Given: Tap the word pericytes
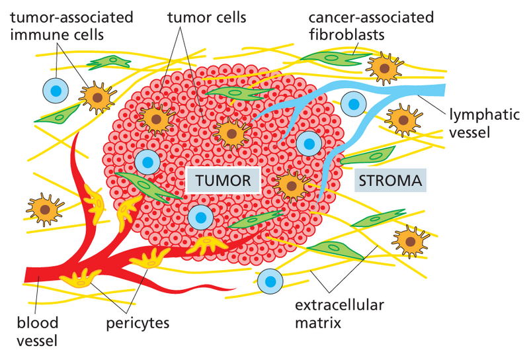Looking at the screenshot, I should (138, 324).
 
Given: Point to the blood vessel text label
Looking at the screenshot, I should (38, 332).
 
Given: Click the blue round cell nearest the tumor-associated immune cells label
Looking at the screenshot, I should (56, 91).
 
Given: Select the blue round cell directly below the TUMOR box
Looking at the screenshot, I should (200, 216).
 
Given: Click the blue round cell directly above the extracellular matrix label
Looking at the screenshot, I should (270, 282).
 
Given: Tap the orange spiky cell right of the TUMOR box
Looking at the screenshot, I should (289, 185).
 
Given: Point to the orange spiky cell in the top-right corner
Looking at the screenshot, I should (382, 67).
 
